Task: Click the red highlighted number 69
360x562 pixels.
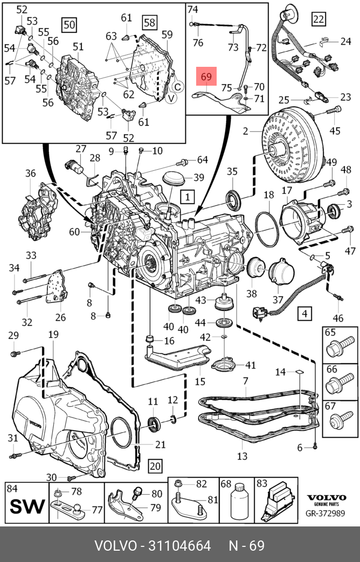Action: pyautogui.click(x=206, y=77)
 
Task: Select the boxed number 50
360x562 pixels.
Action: pyautogui.click(x=69, y=25)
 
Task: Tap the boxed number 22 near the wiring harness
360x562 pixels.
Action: pyautogui.click(x=319, y=19)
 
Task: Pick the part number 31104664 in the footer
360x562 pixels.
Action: pyautogui.click(x=176, y=545)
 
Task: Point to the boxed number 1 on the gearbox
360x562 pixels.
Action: pyautogui.click(x=187, y=197)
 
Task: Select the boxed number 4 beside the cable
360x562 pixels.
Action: pyautogui.click(x=305, y=313)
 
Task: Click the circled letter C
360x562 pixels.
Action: pyautogui.click(x=178, y=86)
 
